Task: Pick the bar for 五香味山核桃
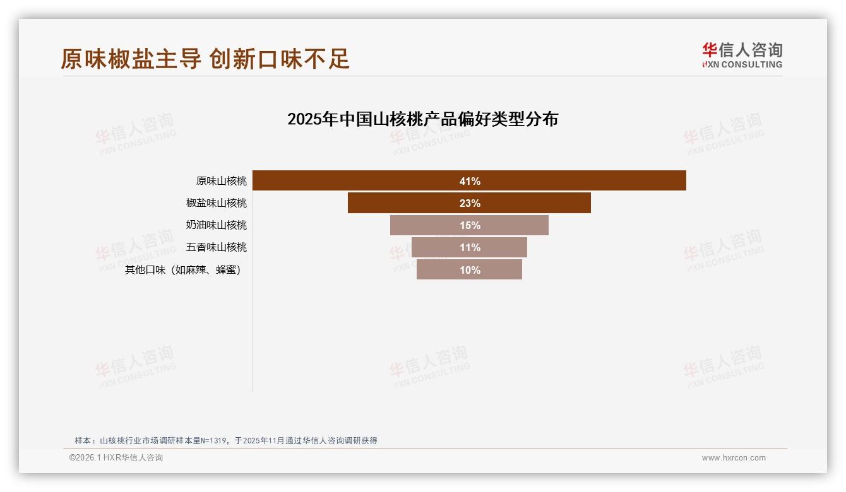coord(436,247)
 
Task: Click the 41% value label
coord(470,181)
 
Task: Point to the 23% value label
coord(470,203)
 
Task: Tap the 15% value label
coord(470,225)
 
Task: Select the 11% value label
coord(470,247)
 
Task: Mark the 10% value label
coord(470,270)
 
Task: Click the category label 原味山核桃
coord(221,181)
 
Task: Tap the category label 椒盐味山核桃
coord(217,203)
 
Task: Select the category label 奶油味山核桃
coord(217,225)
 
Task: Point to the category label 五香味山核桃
coord(217,247)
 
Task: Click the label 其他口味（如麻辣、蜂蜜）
coord(183,270)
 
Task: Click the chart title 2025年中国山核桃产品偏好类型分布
coord(422,119)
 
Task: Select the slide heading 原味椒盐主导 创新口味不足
coord(205,59)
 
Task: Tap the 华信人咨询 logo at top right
coord(742,55)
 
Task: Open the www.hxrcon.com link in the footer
coord(734,458)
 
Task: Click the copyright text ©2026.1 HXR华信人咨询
coord(116,458)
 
